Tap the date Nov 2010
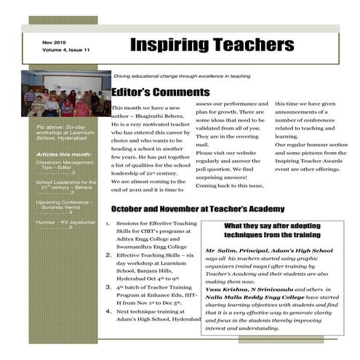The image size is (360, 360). click(x=55, y=42)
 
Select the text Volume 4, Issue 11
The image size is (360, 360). click(x=66, y=50)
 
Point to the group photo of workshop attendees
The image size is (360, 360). click(x=56, y=94)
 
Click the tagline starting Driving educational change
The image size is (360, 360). click(x=182, y=76)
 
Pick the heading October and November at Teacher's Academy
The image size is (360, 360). click(x=198, y=209)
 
